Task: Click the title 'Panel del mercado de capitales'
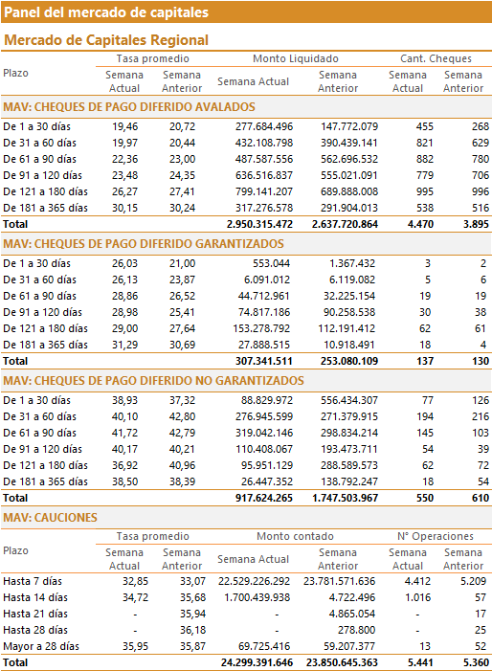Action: pyautogui.click(x=106, y=12)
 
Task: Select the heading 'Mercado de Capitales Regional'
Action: pyautogui.click(x=106, y=40)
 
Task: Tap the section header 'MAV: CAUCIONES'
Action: pyautogui.click(x=50, y=518)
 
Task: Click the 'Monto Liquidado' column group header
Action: pyautogui.click(x=296, y=58)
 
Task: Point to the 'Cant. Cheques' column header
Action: pyautogui.click(x=436, y=58)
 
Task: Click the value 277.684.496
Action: pyautogui.click(x=264, y=126)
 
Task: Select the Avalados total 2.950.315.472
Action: pyautogui.click(x=259, y=224)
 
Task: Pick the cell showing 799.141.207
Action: pyautogui.click(x=264, y=191)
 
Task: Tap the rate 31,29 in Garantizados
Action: pyautogui.click(x=125, y=345)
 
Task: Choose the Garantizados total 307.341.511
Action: pyautogui.click(x=264, y=361)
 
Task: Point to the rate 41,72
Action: pyautogui.click(x=125, y=433)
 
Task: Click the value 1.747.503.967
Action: pyautogui.click(x=346, y=498)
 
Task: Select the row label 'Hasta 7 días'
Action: pyautogui.click(x=33, y=581)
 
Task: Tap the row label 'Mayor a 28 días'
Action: pyautogui.click(x=41, y=646)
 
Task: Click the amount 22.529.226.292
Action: pyautogui.click(x=254, y=581)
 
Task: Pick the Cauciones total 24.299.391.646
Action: pyautogui.click(x=257, y=663)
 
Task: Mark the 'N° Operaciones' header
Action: pyautogui.click(x=436, y=536)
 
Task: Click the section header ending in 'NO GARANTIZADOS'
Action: pyautogui.click(x=153, y=380)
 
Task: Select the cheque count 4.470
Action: pyautogui.click(x=420, y=224)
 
